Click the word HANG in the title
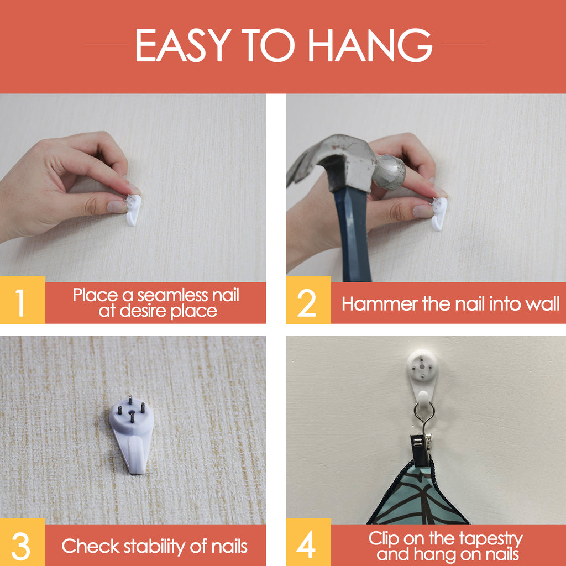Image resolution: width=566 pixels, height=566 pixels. [370, 45]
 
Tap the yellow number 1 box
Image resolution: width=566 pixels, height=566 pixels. [22, 300]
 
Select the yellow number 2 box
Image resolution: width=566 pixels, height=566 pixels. [308, 300]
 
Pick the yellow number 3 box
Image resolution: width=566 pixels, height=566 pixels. [22, 542]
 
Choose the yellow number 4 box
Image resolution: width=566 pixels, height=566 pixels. [308, 542]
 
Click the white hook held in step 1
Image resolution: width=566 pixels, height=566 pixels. [133, 209]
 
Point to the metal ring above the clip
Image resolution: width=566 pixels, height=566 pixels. [424, 412]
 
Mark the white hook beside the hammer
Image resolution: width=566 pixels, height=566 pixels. [439, 214]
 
